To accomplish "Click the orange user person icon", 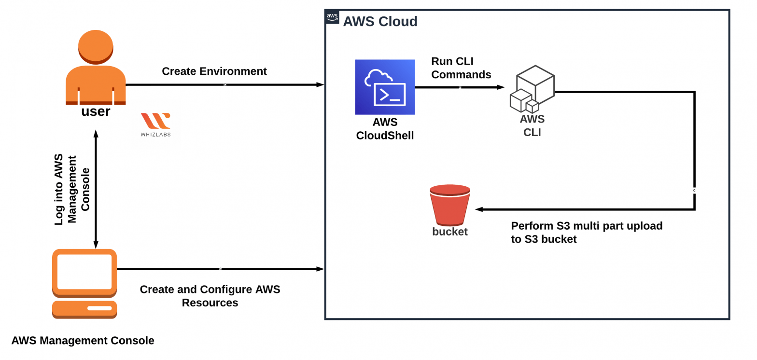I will click(x=96, y=68).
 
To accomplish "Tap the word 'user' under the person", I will click(x=96, y=111).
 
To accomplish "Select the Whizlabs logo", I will click(x=155, y=124).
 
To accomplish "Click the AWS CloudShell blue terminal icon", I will click(x=385, y=87).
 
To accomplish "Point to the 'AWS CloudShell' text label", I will click(x=385, y=129).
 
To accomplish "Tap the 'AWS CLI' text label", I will click(x=532, y=125).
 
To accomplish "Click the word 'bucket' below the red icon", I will click(x=449, y=232).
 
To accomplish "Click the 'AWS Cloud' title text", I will click(x=380, y=22).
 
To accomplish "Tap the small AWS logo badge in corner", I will click(x=332, y=17).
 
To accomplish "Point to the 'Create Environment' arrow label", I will click(x=214, y=71).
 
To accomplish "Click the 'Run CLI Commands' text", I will click(x=461, y=68).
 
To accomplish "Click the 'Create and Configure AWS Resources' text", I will click(x=210, y=296).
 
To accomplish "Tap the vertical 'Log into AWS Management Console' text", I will click(x=72, y=189).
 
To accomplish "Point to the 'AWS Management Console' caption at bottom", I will click(x=83, y=341).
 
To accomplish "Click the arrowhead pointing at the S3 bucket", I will click(x=479, y=209).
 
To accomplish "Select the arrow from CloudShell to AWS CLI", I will click(x=459, y=87).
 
